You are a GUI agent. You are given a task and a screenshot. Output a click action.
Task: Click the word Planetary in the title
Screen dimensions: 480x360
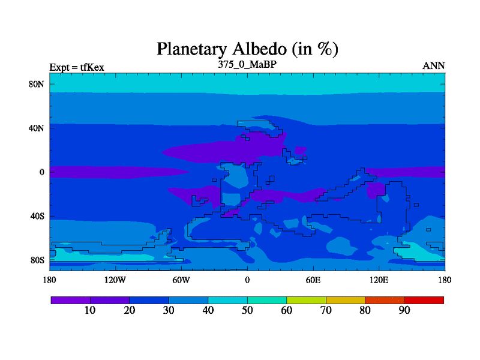coord(191,49)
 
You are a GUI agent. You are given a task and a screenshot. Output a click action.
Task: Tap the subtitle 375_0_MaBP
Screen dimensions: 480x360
coord(247,65)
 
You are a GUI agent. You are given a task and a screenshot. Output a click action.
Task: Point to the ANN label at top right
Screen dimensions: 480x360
coord(433,66)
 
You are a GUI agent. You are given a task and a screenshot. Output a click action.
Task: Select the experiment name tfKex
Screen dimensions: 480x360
coord(92,67)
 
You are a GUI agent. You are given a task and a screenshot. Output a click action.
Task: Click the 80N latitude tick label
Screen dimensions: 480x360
coord(37,84)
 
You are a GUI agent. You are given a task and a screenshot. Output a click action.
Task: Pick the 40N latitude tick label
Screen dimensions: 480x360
coord(37,128)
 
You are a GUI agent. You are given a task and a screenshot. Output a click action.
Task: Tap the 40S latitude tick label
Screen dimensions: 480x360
coord(37,217)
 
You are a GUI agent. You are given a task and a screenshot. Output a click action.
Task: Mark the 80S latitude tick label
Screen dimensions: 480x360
coord(37,260)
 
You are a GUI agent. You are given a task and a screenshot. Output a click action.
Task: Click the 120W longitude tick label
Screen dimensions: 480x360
coord(115,280)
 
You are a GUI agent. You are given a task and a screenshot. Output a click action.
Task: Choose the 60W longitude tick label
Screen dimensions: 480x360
coord(181,280)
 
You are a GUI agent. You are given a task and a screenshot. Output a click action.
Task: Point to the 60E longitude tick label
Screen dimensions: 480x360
coord(313,280)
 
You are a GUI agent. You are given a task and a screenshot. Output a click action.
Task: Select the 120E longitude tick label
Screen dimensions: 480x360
coord(379,280)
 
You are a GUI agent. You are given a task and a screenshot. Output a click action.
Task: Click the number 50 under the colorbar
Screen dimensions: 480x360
coord(247,310)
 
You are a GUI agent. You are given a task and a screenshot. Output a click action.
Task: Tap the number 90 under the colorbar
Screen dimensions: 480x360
coord(404,310)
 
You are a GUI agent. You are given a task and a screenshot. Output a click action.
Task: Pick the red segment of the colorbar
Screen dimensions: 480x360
coord(424,301)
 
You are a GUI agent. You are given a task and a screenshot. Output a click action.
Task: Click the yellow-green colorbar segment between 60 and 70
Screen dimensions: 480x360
coord(307,301)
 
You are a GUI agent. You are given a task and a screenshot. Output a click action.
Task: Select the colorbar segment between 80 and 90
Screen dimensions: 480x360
coord(385,301)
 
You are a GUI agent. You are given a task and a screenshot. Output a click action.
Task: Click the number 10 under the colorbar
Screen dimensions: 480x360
coord(90,310)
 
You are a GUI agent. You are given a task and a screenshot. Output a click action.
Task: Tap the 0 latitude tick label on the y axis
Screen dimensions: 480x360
coord(41,172)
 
